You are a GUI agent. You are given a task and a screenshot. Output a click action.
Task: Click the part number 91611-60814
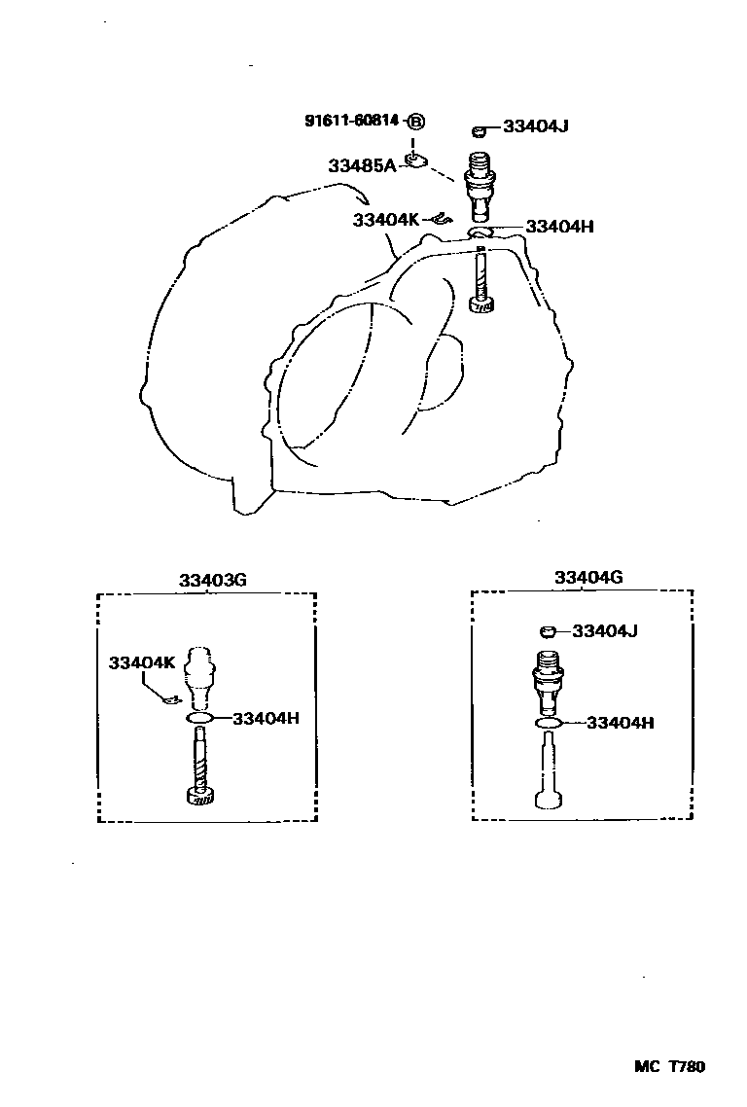[x=352, y=121]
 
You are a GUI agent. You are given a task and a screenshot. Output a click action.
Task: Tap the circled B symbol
[x=415, y=122]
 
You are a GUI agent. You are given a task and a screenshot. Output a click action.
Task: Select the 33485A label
[x=361, y=166]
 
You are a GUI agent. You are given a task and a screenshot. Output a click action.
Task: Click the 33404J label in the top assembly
[x=536, y=126]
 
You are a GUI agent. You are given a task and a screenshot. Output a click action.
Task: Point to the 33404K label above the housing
[x=386, y=220]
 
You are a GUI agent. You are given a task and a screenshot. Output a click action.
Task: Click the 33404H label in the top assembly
[x=559, y=227]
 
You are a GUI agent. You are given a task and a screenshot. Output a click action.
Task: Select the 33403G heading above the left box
[x=212, y=580]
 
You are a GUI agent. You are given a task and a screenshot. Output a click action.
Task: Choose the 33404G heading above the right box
[x=588, y=578]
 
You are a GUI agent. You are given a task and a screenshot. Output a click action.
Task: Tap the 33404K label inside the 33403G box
[x=142, y=663]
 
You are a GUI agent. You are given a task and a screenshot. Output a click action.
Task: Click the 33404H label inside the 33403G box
[x=266, y=719]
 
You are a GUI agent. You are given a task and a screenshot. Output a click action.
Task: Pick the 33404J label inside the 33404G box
[x=605, y=631]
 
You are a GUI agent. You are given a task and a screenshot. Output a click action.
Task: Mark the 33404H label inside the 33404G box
[x=621, y=723]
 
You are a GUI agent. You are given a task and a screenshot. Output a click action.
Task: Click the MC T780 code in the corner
[x=669, y=1066]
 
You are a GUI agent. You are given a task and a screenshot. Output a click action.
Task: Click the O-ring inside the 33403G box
[x=199, y=718]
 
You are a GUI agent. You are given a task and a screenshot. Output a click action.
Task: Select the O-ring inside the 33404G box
[x=548, y=723]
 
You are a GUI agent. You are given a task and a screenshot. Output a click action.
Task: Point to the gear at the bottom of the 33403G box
[x=199, y=798]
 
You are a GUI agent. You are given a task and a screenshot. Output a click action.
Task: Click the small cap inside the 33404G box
[x=548, y=632]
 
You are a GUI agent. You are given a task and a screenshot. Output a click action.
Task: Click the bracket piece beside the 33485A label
[x=415, y=159]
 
